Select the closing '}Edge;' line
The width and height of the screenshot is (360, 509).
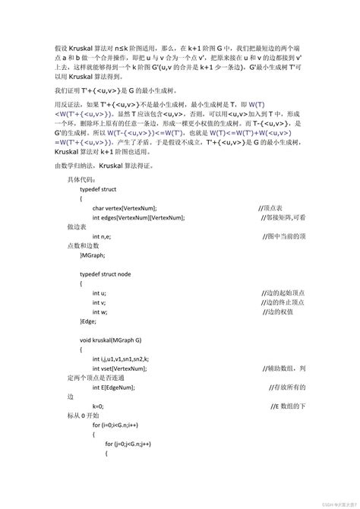click(90, 321)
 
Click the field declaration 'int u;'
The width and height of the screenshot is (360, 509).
click(99, 292)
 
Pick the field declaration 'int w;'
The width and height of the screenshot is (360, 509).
click(99, 311)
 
